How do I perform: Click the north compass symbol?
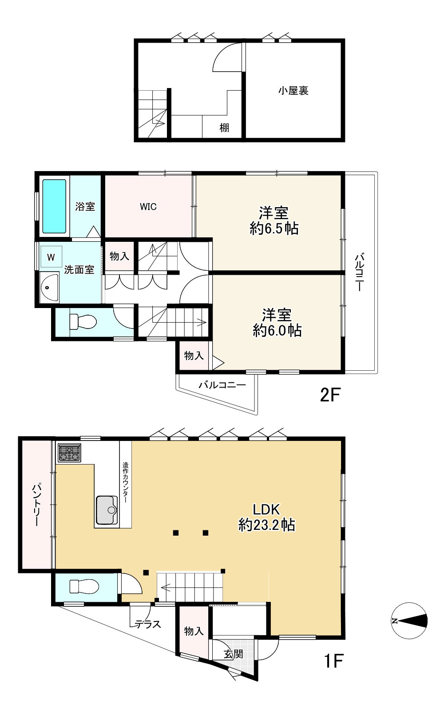tap(409, 621)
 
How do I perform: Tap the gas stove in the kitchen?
tap(69, 453)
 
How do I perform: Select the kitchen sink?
tap(107, 510)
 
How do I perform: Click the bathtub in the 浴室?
tap(54, 206)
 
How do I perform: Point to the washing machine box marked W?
tap(51, 257)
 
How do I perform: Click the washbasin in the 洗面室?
tap(49, 287)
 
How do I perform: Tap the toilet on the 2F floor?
tap(83, 321)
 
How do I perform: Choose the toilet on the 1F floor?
tap(84, 586)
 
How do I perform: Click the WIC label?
tap(148, 207)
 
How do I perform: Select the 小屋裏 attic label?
tap(293, 91)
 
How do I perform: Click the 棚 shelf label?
tap(224, 128)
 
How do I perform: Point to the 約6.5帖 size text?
tap(274, 228)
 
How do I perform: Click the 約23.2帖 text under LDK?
tap(266, 525)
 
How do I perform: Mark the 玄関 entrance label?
tap(234, 654)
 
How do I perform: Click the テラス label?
tap(148, 625)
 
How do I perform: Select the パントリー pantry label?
tap(36, 505)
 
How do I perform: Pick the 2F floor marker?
tap(330, 395)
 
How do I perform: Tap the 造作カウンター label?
tap(126, 483)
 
